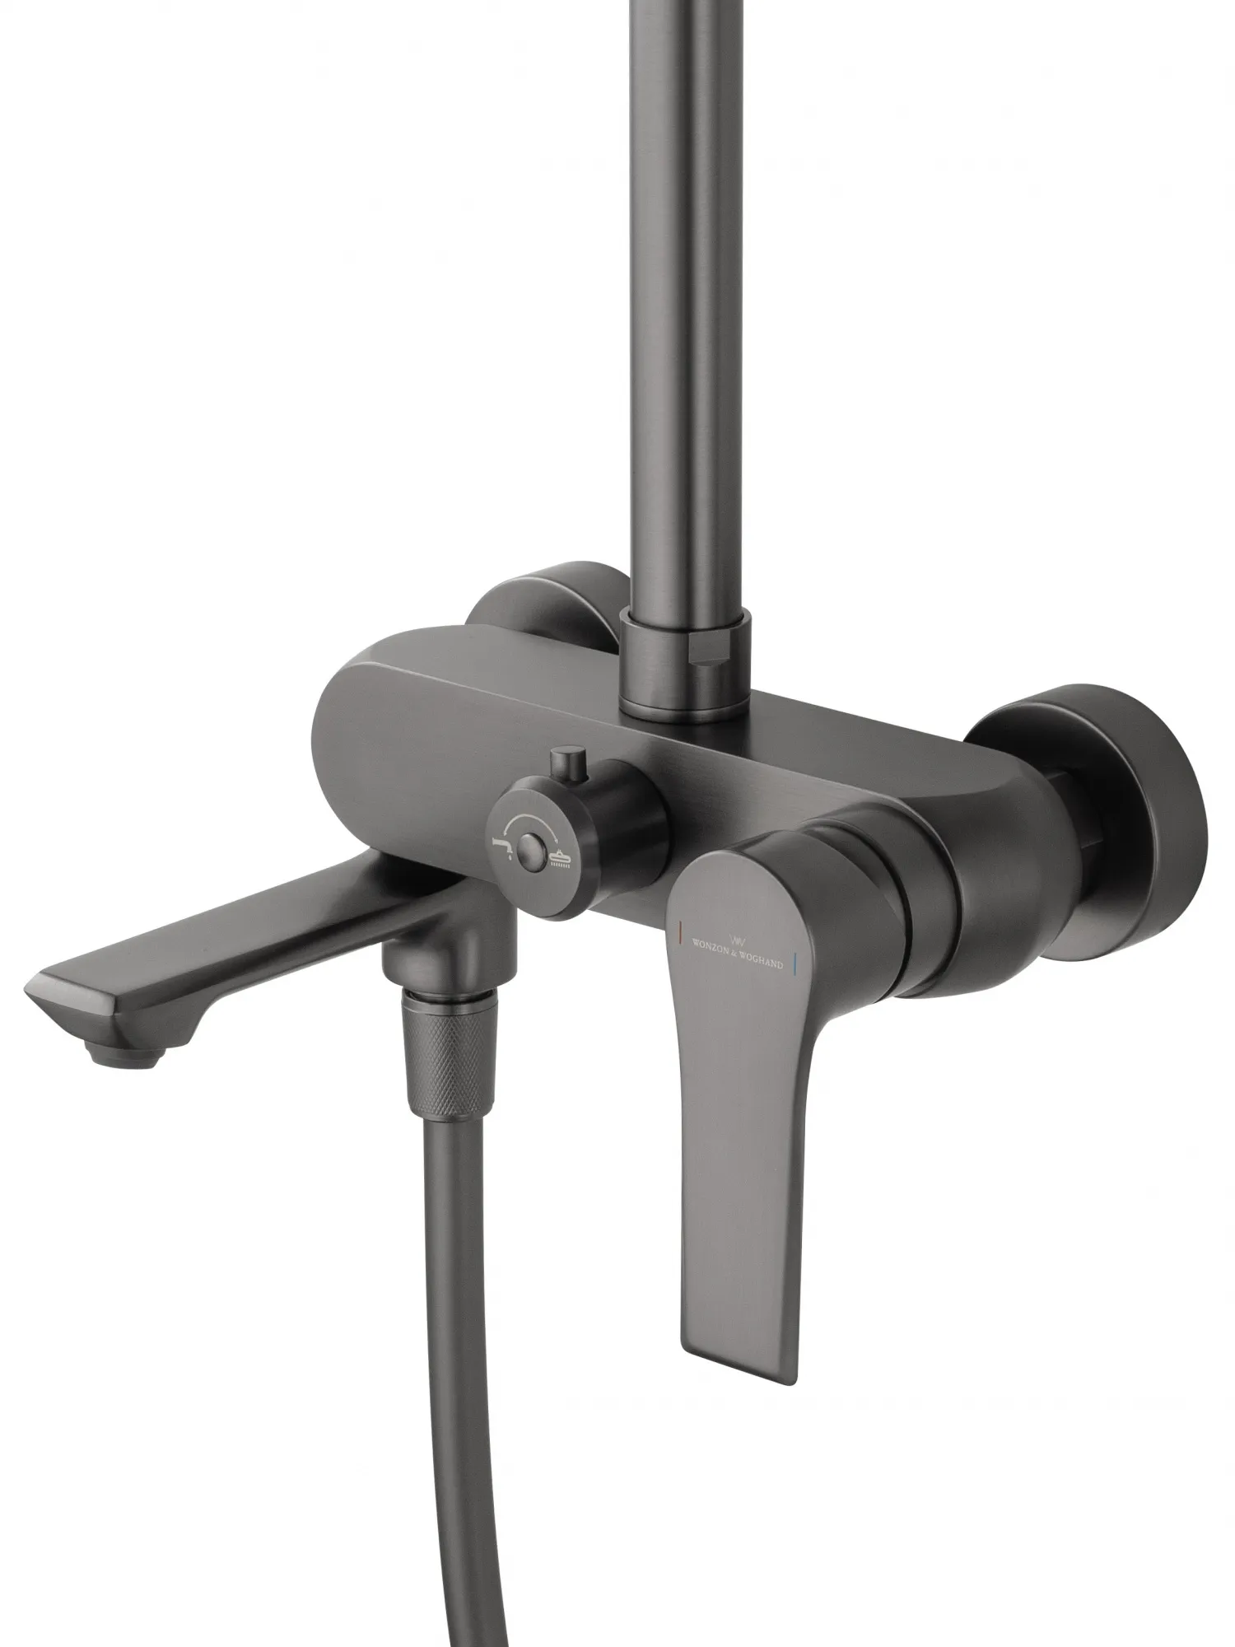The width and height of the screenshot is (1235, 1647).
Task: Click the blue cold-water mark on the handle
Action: pos(795,961)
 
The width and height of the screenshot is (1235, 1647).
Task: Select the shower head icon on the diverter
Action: pos(561,859)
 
